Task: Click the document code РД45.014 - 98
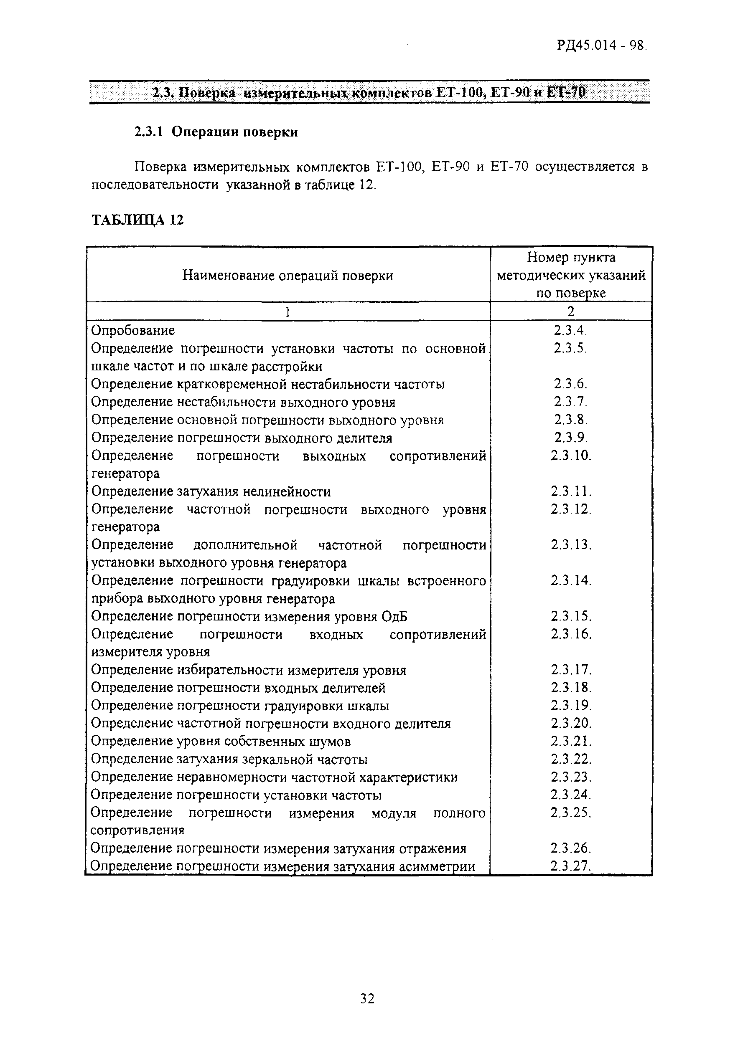pos(601,46)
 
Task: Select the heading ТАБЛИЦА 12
pos(137,220)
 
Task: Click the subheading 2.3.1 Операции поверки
pos(216,132)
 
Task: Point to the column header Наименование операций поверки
pos(287,276)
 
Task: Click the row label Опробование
pos(133,330)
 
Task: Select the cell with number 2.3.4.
pos(570,330)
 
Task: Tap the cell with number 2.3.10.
pos(571,456)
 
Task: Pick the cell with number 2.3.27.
pos(571,866)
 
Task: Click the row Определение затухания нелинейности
pos(211,491)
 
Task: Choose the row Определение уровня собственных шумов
pos(221,741)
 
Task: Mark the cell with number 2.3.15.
pos(571,616)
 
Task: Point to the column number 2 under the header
pos(571,311)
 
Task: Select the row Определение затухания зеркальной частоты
pos(229,759)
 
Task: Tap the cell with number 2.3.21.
pos(571,741)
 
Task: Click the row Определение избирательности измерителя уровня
pos(248,670)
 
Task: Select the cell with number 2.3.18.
pos(571,688)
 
